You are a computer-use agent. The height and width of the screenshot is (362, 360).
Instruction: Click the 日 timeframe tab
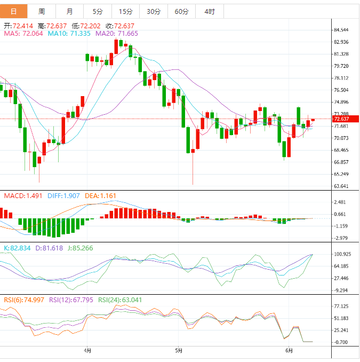14,11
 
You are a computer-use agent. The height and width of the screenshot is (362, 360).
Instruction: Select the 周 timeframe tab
42,11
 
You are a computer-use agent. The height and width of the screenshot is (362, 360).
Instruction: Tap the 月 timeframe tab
70,11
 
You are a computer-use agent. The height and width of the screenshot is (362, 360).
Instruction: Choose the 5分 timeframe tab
98,11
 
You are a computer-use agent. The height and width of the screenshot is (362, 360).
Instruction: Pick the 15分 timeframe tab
125,11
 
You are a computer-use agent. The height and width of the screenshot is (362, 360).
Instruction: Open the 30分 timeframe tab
153,11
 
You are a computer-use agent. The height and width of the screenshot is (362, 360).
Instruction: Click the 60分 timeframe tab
181,11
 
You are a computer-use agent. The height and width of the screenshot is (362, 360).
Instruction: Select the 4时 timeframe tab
209,11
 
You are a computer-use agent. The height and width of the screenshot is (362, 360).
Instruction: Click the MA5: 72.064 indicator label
23,34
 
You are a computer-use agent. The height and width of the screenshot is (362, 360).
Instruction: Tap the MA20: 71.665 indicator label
117,34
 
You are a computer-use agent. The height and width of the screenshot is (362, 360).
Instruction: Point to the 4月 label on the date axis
87,351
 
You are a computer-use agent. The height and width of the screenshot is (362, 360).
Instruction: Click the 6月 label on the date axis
289,351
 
